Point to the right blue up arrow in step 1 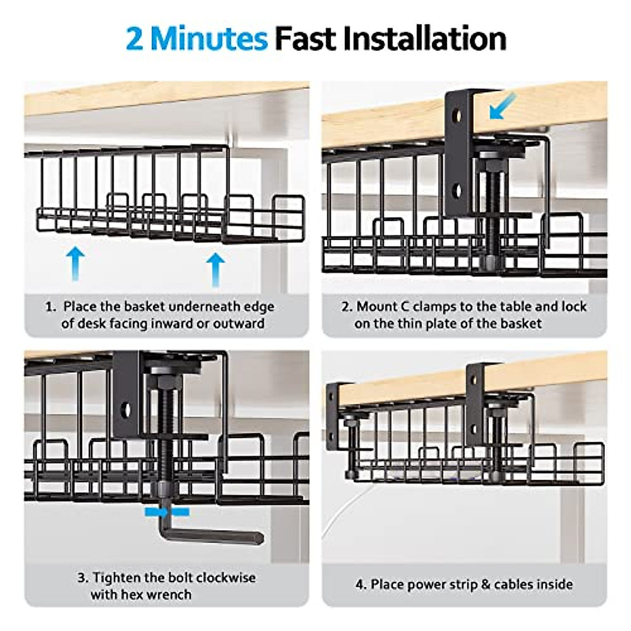pyautogui.click(x=215, y=268)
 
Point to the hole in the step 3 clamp pyautogui.click(x=126, y=410)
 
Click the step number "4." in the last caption pyautogui.click(x=361, y=584)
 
